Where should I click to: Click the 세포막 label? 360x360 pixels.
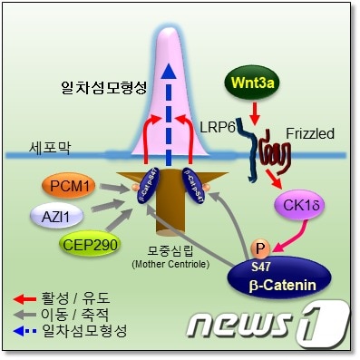[46, 144]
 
